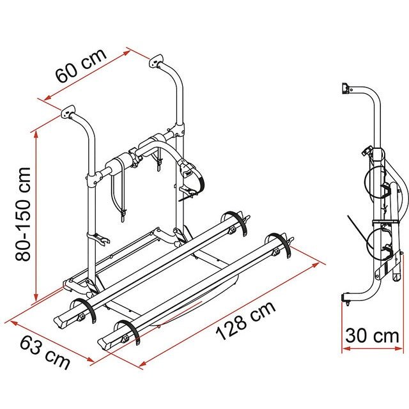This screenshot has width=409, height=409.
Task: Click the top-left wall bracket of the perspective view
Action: (68, 114)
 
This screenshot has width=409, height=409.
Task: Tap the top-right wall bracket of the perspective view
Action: (157, 62)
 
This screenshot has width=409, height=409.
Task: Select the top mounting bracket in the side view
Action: (346, 89)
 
